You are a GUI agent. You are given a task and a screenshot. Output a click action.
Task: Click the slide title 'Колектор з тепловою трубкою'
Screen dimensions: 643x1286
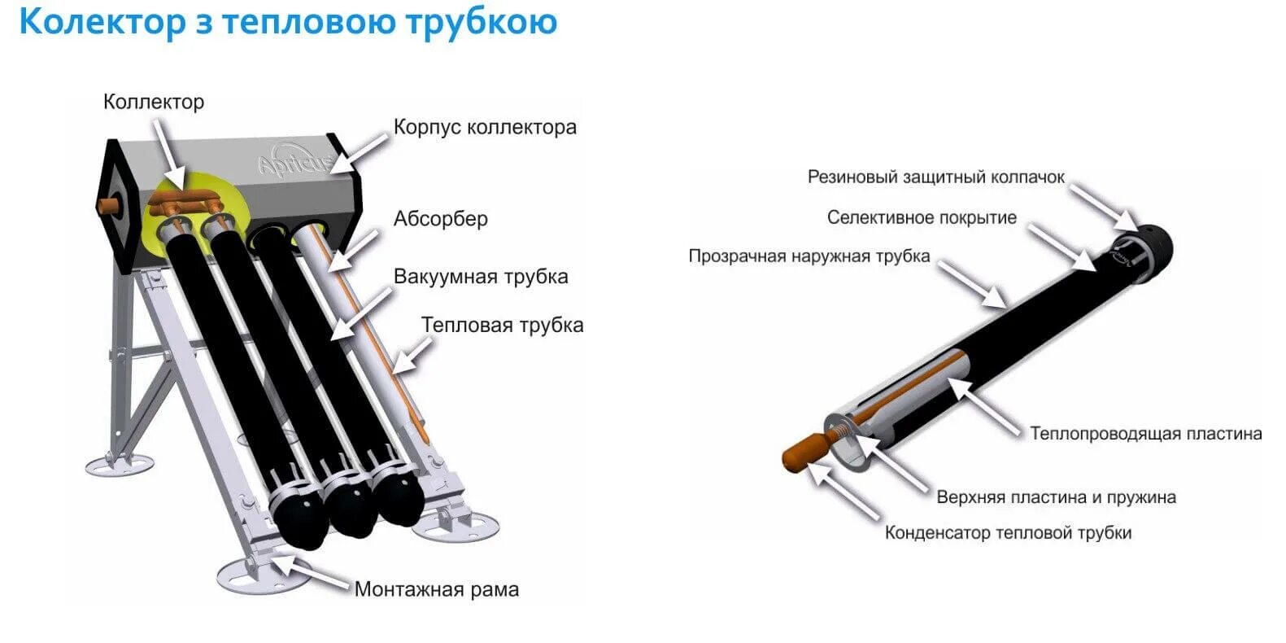pyautogui.click(x=288, y=22)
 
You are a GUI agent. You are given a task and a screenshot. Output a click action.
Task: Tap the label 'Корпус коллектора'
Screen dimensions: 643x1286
pyautogui.click(x=485, y=127)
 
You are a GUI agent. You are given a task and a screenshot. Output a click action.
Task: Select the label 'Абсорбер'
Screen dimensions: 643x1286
pyautogui.click(x=440, y=219)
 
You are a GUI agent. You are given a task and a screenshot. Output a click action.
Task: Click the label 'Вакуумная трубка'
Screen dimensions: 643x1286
pyautogui.click(x=480, y=277)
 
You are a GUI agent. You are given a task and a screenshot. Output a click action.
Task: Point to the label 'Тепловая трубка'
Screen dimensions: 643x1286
pyautogui.click(x=502, y=326)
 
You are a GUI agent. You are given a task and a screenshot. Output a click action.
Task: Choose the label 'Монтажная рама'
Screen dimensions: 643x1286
pyautogui.click(x=436, y=589)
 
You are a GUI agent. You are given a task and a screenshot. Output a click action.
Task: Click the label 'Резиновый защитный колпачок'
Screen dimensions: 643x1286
pyautogui.click(x=935, y=177)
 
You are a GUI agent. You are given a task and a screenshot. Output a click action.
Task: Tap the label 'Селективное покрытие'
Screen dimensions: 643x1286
pyautogui.click(x=921, y=218)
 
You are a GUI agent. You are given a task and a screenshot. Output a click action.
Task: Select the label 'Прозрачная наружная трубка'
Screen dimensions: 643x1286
pyautogui.click(x=809, y=256)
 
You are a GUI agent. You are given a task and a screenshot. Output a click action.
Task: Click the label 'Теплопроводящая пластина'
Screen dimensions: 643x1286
pyautogui.click(x=1145, y=434)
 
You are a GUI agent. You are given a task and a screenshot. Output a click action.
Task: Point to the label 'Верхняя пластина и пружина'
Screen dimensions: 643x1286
pyautogui.click(x=1056, y=496)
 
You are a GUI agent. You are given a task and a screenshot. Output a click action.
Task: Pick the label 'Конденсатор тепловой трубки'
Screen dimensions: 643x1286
pyautogui.click(x=1008, y=533)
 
